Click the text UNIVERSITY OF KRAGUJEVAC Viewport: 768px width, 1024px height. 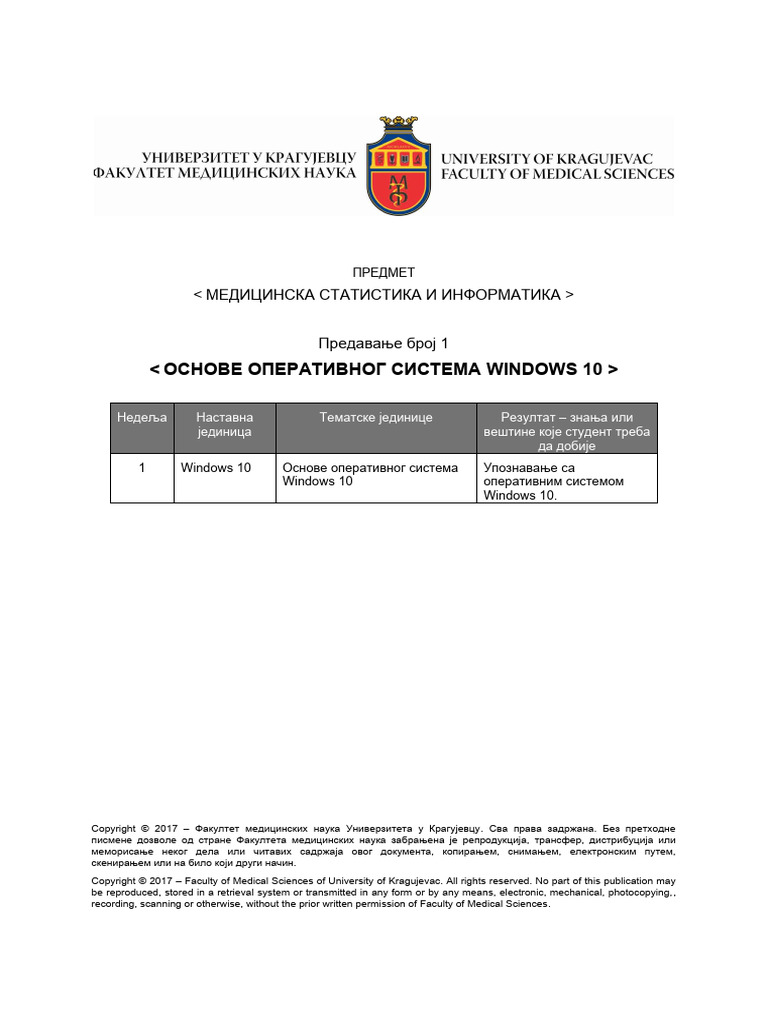(x=547, y=159)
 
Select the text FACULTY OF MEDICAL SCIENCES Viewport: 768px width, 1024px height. (x=558, y=174)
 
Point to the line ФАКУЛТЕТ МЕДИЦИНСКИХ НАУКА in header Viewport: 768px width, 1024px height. (x=224, y=174)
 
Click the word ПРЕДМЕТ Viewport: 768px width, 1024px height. (x=384, y=272)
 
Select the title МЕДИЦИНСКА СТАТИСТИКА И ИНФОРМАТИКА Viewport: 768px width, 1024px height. (x=384, y=295)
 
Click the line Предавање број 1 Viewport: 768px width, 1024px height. (x=384, y=342)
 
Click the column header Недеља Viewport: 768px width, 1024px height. (x=142, y=417)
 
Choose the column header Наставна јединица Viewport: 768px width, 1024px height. (x=225, y=424)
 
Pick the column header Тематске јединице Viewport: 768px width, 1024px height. (x=376, y=417)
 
